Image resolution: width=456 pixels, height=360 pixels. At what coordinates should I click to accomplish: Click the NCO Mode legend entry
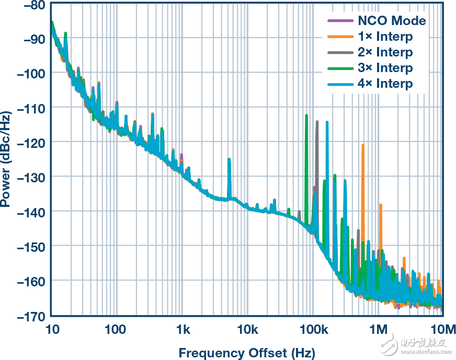point(392,21)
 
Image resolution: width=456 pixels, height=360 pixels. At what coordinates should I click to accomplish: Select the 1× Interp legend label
point(385,37)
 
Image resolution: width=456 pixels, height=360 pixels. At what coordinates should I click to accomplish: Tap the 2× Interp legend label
point(385,52)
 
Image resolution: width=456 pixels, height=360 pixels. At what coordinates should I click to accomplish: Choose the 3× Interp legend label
point(385,68)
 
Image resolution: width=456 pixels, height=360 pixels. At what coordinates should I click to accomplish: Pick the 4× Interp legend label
point(385,84)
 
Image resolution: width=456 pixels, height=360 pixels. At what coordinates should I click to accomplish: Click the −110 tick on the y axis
point(31,108)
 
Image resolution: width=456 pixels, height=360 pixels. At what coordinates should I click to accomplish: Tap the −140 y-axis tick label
point(31,212)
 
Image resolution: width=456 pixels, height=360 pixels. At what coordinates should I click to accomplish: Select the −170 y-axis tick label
point(31,316)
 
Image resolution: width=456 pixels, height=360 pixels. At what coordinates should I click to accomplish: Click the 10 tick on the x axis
point(52,329)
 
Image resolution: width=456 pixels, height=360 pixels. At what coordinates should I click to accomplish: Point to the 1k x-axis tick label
point(183,329)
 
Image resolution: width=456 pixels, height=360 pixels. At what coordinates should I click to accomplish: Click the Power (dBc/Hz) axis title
point(7,159)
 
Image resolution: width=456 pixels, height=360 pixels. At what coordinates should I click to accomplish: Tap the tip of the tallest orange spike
point(362,145)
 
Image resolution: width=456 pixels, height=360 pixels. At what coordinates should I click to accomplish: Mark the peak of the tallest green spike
point(306,115)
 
